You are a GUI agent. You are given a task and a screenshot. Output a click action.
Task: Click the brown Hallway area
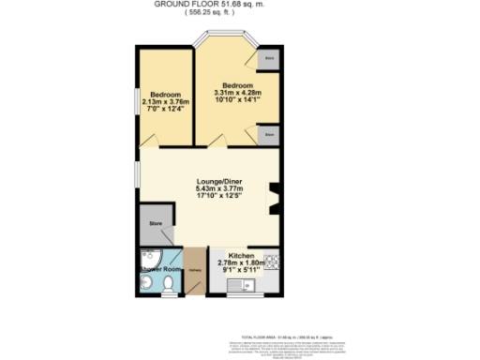[x=194, y=272]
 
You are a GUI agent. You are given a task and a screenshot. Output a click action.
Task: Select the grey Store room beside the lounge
[x=154, y=225]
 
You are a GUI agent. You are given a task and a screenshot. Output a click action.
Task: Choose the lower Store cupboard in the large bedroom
[x=269, y=135]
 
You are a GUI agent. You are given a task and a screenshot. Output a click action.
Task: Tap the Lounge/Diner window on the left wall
[x=137, y=174]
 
